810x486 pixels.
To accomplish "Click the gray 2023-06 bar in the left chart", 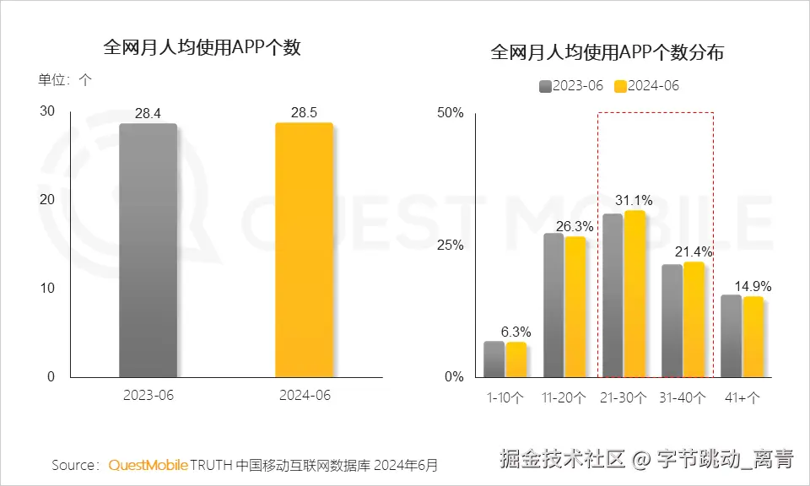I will pos(148,250).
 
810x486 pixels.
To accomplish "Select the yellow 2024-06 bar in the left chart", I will pos(304,250).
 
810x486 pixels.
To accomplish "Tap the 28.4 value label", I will pos(148,114).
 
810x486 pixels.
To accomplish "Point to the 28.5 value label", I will pos(304,113).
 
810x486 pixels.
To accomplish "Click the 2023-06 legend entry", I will pos(571,85).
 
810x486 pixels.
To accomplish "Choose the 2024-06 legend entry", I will pos(646,85).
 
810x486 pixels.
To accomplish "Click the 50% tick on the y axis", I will pos(450,112).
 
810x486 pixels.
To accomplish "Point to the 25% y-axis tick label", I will pos(450,245).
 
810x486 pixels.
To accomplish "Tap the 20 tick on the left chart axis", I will pos(47,199).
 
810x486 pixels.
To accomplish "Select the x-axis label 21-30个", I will pos(624,397).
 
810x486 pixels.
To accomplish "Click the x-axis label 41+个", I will pos(742,397).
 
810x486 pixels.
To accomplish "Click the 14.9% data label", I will pos(753,286).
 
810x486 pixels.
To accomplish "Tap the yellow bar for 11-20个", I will pos(575,306).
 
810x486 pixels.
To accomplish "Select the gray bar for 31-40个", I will pos(672,321).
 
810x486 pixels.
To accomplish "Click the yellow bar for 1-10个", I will pos(516,359).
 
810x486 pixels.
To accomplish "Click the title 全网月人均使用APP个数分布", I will pos(607,53).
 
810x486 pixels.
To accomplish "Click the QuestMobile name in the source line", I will pos(147,465).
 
